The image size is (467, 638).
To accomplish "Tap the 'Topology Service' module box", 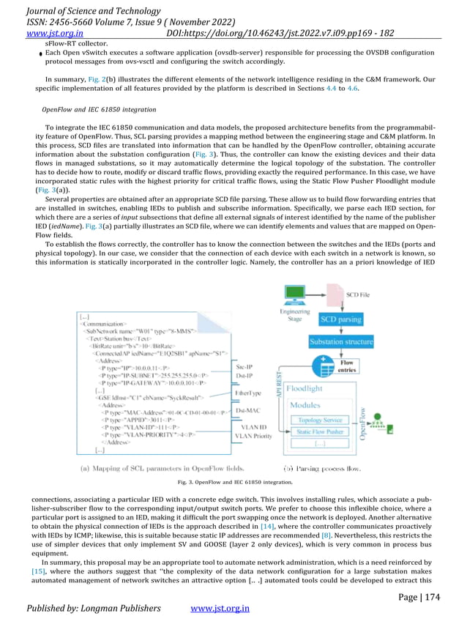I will pos(321,420).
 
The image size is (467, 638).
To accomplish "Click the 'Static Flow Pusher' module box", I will pos(321,432).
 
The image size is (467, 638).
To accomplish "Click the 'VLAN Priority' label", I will pos(253,436).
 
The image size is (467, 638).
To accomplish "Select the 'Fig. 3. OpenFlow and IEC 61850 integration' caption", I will pos(235,482).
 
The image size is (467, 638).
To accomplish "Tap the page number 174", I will pos(432,597).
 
